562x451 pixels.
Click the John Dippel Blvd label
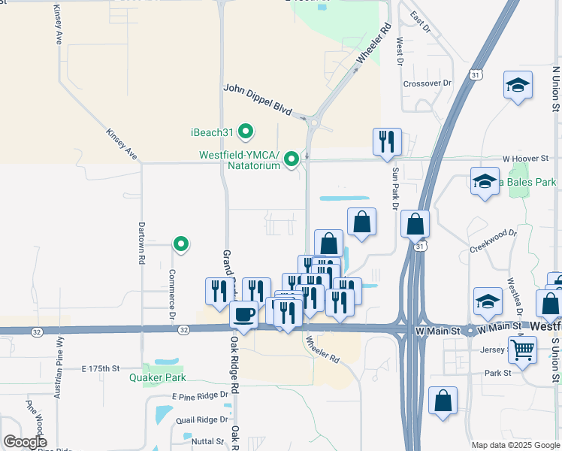(x=257, y=99)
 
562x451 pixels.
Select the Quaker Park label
(x=158, y=377)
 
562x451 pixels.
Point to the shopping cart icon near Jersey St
(x=522, y=348)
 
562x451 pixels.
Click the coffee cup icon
(x=243, y=313)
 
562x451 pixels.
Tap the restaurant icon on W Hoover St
(x=387, y=141)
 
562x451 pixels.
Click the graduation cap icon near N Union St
(x=518, y=86)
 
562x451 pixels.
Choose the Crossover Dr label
(x=427, y=83)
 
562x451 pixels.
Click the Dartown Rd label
(x=141, y=242)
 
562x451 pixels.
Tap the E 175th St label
(x=101, y=368)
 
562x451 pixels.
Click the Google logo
(x=25, y=442)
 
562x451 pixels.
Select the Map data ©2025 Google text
(x=515, y=445)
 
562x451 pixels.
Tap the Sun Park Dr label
(x=394, y=187)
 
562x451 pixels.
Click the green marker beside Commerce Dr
(x=180, y=244)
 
